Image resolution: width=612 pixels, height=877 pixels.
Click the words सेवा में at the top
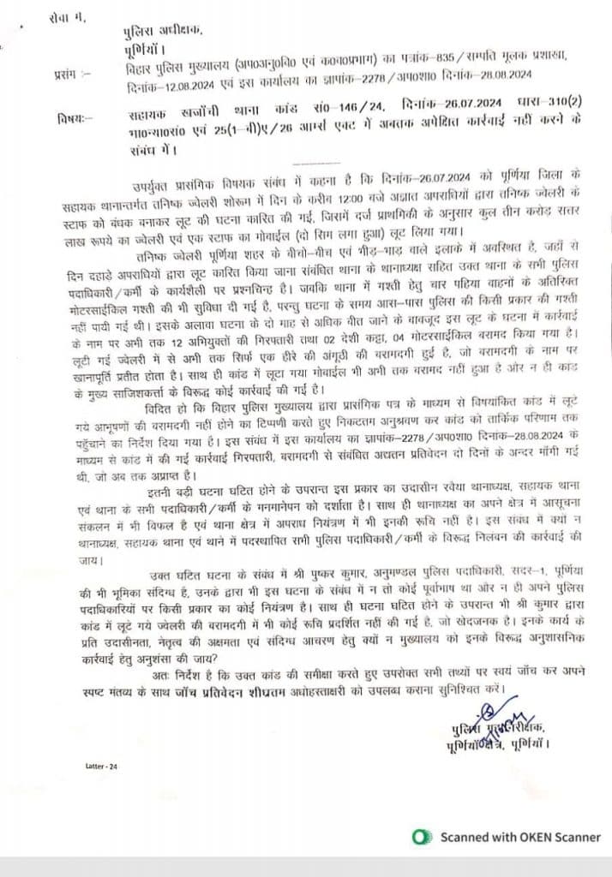tap(68, 17)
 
